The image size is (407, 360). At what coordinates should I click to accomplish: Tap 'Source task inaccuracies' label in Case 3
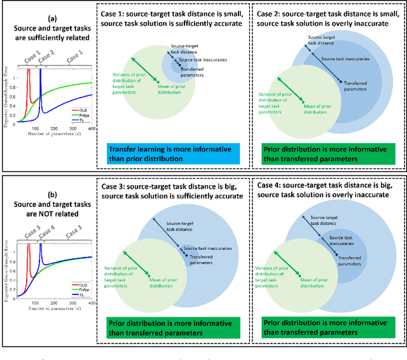pos(207,248)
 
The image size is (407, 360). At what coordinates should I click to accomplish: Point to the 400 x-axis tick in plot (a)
pos(91,129)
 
